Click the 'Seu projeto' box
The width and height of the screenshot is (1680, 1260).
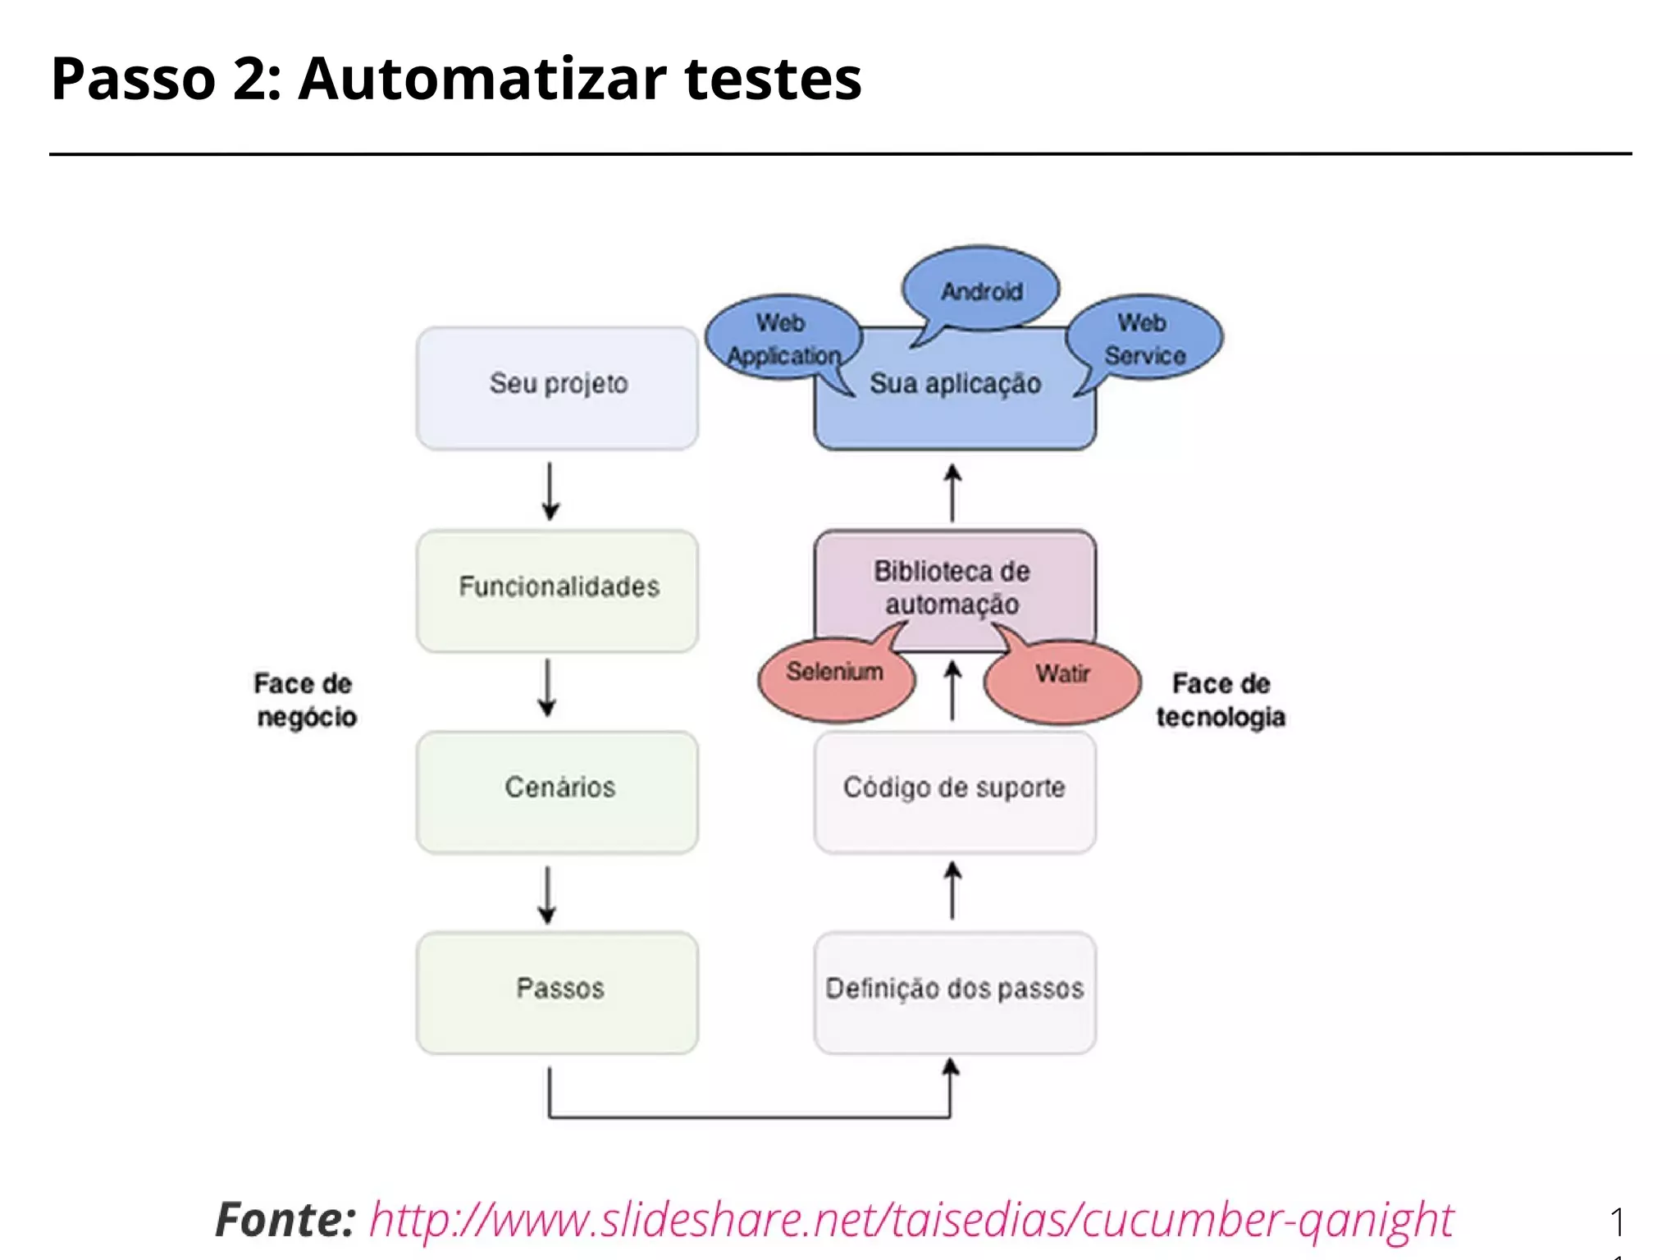coord(558,387)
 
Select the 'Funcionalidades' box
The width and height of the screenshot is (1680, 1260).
coord(558,589)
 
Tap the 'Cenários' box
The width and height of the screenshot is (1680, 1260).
coord(558,790)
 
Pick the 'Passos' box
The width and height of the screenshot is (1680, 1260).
coord(558,991)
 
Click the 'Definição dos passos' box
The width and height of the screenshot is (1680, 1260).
coord(954,991)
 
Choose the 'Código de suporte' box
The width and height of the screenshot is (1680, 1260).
coord(954,790)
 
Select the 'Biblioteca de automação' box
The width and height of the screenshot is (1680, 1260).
coord(953,587)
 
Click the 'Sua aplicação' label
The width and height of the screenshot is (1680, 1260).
coord(955,384)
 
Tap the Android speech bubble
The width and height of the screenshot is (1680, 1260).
coord(981,290)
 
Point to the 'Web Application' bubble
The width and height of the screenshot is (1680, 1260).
coord(783,338)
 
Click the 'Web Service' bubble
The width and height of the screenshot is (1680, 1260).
coord(1144,338)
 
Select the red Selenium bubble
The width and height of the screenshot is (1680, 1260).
coord(835,678)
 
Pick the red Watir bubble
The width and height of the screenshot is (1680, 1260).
coord(1062,679)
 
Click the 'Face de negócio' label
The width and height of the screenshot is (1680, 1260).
coord(305,700)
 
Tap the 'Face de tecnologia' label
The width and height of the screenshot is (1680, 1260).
coord(1221,700)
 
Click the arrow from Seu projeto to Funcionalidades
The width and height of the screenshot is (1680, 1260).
coord(550,491)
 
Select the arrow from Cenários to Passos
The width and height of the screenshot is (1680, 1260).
coord(547,894)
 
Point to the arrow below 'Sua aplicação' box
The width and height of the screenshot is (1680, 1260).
coord(952,492)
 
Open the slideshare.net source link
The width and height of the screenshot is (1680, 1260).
coord(911,1219)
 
